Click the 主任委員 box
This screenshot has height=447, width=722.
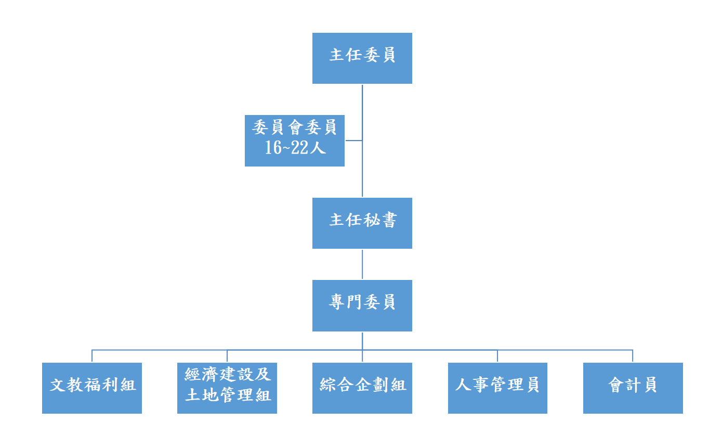362,58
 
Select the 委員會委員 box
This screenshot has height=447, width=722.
295,141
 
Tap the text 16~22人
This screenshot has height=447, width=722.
295,148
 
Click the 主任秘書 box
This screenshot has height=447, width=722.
362,223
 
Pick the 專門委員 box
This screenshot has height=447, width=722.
362,305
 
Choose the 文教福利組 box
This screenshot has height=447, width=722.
92,388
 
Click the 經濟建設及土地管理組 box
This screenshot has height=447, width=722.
227,388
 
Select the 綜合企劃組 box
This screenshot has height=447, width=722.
362,388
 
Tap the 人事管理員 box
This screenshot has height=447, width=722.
497,388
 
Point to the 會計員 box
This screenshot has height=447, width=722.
633,388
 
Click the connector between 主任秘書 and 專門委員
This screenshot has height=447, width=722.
362,264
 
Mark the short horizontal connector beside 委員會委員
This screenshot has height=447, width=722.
353,141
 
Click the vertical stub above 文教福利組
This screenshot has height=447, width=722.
92,356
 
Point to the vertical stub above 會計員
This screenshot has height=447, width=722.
633,356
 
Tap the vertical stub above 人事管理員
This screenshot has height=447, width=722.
497,356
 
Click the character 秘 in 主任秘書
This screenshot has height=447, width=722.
371,220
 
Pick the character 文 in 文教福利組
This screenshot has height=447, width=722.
58,385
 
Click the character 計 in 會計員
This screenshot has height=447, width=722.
633,385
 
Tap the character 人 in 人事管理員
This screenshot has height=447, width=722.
463,385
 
